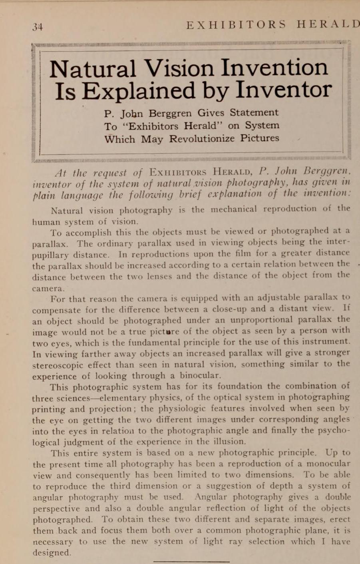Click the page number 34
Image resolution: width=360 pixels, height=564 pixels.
click(38, 27)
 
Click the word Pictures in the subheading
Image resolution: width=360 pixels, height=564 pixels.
click(260, 139)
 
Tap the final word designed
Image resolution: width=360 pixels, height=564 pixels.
click(52, 553)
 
